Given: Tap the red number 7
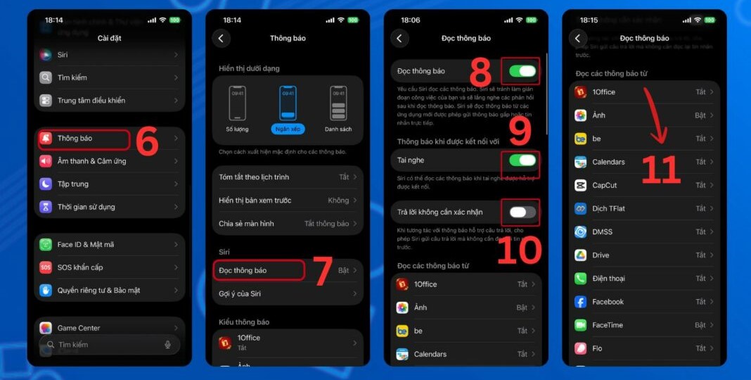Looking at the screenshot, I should tap(323, 272).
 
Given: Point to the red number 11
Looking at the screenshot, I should tap(661, 170).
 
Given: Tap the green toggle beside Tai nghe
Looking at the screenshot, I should tap(522, 160).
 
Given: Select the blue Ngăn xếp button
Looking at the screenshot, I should tap(287, 129).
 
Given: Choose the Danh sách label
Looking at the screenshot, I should tap(338, 129).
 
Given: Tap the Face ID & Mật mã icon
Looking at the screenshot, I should tap(46, 245).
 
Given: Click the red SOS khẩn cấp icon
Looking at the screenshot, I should tap(46, 267).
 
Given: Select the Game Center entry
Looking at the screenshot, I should tap(79, 328).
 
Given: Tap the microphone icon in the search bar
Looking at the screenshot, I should tap(167, 345).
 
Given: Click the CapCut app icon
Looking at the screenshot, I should tap(580, 186).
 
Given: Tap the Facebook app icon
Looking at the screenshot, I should tap(580, 302).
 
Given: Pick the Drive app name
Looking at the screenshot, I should tap(601, 255).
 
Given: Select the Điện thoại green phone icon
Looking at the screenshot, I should tap(580, 279).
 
